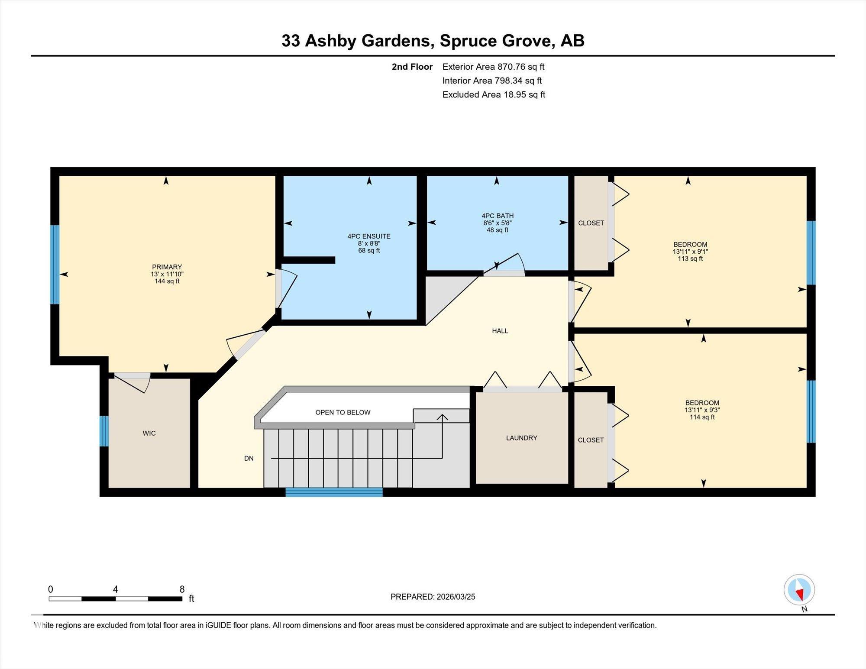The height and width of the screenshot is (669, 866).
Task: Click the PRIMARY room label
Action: click(x=167, y=267)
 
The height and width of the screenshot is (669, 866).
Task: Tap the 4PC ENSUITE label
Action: click(x=369, y=236)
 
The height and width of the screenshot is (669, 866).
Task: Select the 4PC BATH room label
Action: click(x=498, y=216)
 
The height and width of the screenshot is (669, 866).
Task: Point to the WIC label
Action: click(x=149, y=433)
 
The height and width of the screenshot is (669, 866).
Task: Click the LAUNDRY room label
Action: click(x=521, y=438)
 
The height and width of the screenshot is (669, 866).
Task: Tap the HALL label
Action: click(x=500, y=331)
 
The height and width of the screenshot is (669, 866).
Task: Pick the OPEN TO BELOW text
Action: click(x=343, y=413)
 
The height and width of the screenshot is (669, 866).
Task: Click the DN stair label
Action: click(x=249, y=459)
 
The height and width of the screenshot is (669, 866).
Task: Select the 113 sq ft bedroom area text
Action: click(x=690, y=259)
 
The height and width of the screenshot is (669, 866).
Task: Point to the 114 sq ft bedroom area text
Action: click(x=702, y=417)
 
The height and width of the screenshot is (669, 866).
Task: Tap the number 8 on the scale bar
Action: click(x=182, y=589)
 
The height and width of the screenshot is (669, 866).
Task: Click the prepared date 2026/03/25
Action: click(x=456, y=597)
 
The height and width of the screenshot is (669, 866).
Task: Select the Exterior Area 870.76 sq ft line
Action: click(x=493, y=67)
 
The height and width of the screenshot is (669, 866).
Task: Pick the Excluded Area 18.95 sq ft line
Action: click(x=494, y=94)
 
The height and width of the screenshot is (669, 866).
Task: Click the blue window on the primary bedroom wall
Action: click(x=55, y=265)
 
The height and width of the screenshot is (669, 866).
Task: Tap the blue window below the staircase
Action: click(x=334, y=492)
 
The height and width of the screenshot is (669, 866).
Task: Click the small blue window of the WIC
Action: click(x=104, y=431)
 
